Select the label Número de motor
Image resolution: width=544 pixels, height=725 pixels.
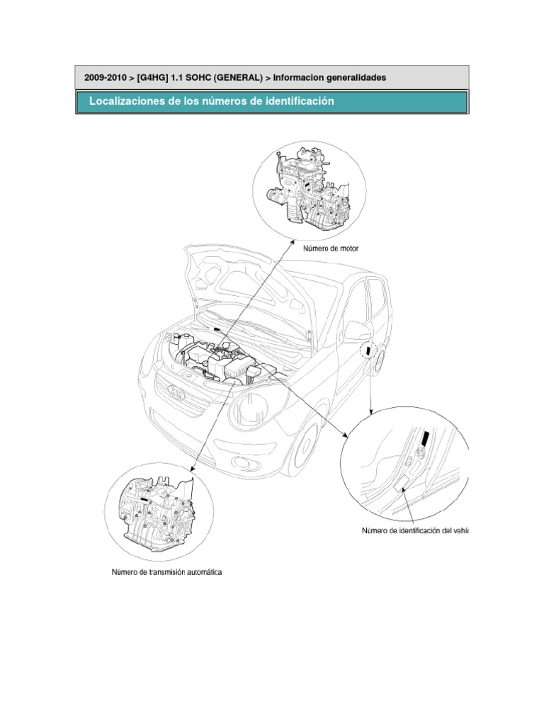[331, 249]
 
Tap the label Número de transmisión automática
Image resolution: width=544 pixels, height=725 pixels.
[167, 571]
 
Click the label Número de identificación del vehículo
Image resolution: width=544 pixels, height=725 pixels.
[415, 530]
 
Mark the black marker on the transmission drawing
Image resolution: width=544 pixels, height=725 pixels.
[144, 498]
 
